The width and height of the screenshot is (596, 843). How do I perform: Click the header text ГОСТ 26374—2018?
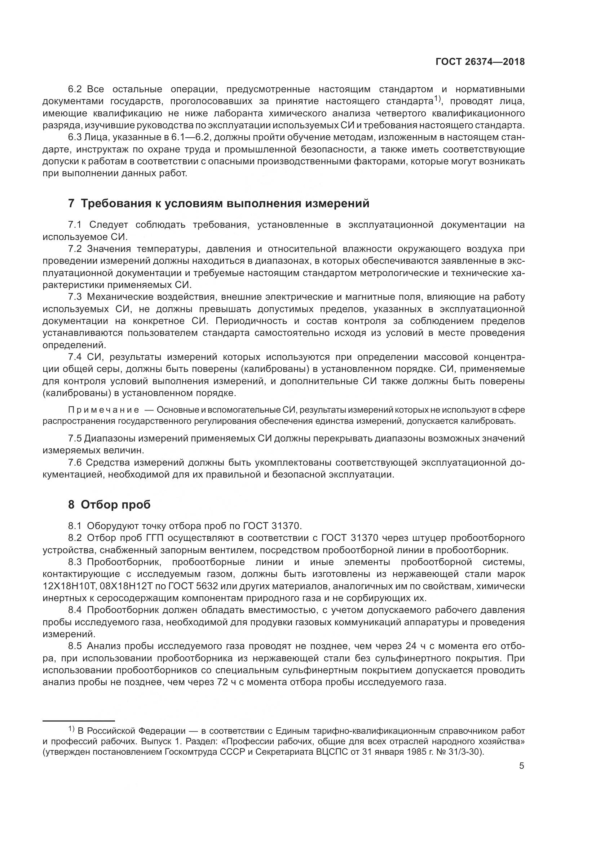tap(480, 62)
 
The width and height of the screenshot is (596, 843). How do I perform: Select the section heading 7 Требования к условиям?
tap(218, 203)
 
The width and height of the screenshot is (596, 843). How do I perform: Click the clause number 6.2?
tap(76, 90)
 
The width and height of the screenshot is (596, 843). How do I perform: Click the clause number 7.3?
tap(76, 297)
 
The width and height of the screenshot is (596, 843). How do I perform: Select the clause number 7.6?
tap(76, 463)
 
